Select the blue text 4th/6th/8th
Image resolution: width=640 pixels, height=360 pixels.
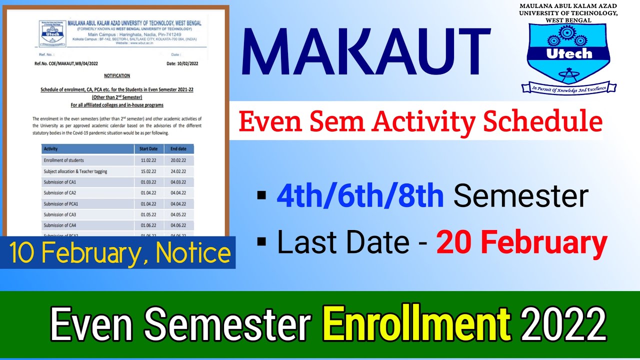(x=360, y=196)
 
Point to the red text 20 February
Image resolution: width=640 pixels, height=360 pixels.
(x=521, y=243)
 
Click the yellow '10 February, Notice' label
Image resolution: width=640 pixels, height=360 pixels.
(x=120, y=254)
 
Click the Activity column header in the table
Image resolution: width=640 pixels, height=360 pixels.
(x=51, y=149)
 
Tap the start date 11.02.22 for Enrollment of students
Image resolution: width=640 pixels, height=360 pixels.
(x=148, y=160)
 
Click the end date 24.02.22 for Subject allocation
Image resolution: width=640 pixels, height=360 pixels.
(x=178, y=171)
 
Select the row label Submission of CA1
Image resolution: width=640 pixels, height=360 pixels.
(x=60, y=182)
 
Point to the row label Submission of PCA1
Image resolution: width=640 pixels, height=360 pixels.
(x=61, y=204)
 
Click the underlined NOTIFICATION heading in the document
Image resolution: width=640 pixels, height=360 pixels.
(x=117, y=75)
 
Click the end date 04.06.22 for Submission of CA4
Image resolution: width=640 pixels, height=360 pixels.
(x=178, y=225)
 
